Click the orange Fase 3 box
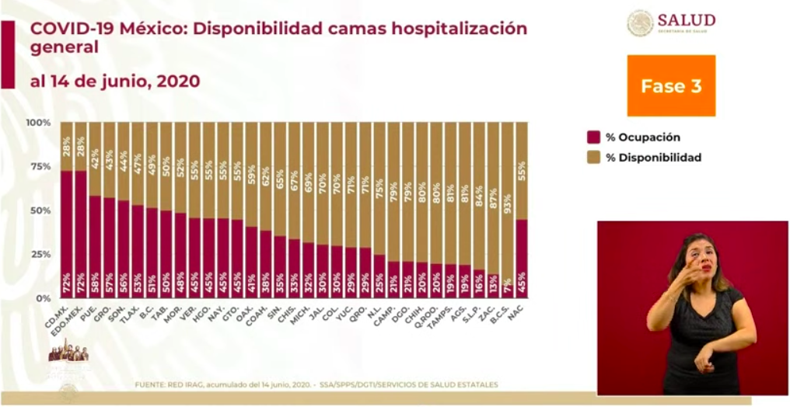[x=670, y=85]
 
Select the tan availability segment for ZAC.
[x=492, y=194]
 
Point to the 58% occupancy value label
[x=95, y=280]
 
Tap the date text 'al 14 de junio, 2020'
[x=115, y=81]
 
